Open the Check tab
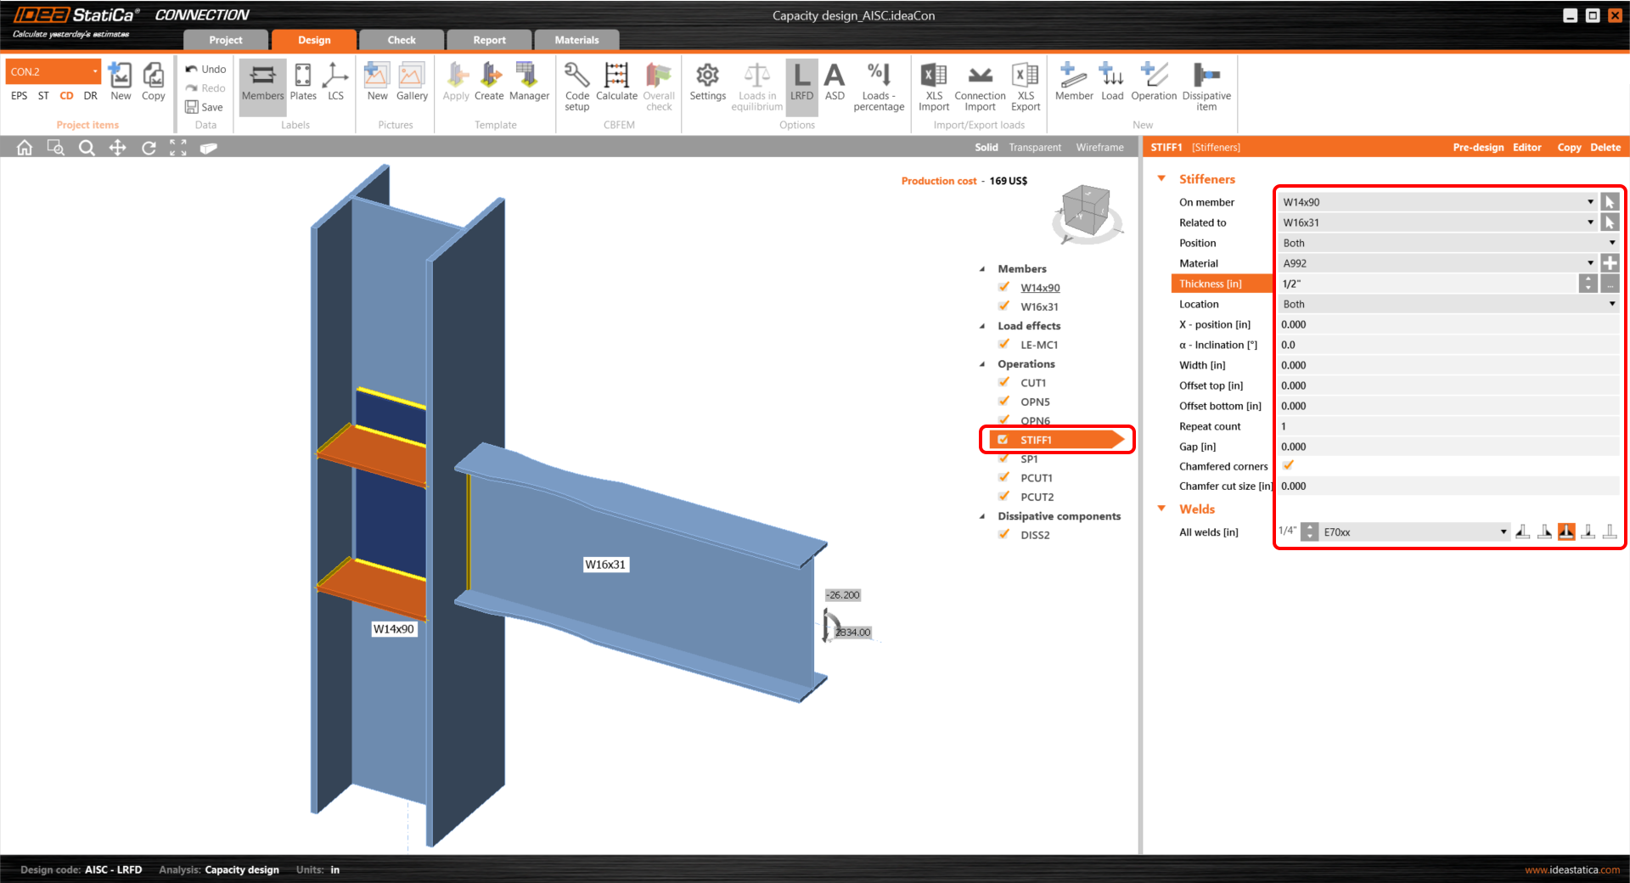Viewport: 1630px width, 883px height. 402,40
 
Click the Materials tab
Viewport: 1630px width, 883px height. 576,40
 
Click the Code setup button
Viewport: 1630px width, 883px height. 577,85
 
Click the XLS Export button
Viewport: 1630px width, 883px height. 1025,85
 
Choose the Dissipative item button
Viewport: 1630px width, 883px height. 1206,85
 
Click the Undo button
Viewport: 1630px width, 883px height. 205,69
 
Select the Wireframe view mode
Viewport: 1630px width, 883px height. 1099,147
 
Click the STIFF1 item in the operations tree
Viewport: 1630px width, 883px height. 1036,440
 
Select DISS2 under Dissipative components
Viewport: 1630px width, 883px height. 1035,535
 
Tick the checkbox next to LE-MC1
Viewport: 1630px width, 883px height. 1004,345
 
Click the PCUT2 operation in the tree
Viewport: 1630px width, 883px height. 1037,497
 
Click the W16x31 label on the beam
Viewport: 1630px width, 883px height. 605,565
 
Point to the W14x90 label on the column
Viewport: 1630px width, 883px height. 394,629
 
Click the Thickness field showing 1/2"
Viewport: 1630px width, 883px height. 1426,284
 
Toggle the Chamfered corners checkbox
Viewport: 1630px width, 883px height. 1288,465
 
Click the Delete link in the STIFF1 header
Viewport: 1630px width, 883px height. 1605,147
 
